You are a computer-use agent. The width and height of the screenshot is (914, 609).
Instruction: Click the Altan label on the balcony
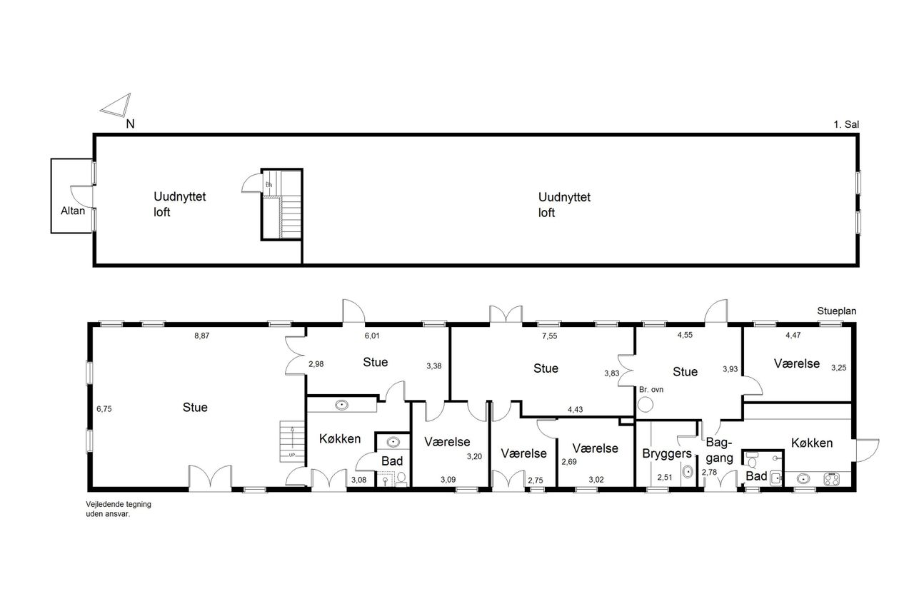pos(73,211)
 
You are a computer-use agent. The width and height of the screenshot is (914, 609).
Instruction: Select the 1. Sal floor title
pos(846,124)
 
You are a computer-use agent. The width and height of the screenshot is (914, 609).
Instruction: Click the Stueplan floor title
pos(836,311)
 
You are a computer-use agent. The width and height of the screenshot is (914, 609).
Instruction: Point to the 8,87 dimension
pos(201,336)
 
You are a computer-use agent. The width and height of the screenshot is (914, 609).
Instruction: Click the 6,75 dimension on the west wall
pos(104,408)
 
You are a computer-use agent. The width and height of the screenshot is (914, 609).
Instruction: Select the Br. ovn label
pos(651,390)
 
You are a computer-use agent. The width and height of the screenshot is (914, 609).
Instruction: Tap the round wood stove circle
pos(646,405)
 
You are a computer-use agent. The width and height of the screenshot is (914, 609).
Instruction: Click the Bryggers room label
pos(667,453)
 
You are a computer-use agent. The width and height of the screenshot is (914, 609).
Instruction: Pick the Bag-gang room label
pos(719,450)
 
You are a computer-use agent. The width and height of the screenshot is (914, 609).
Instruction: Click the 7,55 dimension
pos(550,336)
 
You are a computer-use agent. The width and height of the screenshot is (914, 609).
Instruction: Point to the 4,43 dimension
pos(575,410)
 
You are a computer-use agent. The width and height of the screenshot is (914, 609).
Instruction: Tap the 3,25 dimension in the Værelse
pos(838,368)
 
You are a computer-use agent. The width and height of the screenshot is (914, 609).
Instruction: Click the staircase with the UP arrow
pos(292,441)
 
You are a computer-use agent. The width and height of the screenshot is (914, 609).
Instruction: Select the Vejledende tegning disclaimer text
pos(119,509)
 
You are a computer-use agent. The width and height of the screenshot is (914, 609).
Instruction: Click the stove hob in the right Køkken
pos(832,478)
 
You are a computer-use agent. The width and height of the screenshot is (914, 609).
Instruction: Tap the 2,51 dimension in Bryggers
pos(664,477)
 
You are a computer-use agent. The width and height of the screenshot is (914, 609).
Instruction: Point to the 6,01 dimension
pos(372,336)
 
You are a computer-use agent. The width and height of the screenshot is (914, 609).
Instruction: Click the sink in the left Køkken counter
pos(341,405)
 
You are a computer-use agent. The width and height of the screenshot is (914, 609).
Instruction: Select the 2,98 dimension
pos(316,364)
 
